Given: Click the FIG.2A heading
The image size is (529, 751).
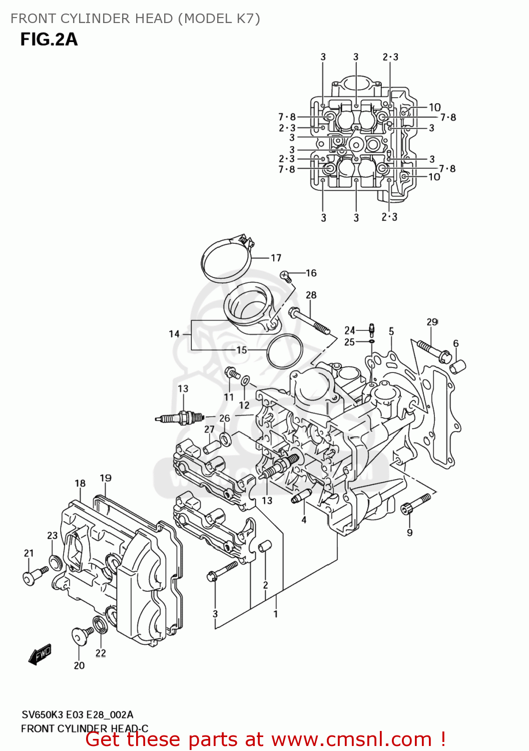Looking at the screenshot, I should [x=49, y=40].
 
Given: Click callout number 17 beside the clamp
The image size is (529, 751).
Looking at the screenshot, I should [x=276, y=258].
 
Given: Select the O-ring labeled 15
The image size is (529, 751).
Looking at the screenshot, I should [x=284, y=351].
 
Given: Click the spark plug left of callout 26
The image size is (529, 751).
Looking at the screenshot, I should [x=179, y=418].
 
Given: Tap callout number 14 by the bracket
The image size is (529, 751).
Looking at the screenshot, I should [x=174, y=334].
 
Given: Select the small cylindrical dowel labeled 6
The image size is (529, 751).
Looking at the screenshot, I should [x=458, y=367].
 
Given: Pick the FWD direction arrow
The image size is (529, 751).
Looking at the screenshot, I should [x=40, y=654].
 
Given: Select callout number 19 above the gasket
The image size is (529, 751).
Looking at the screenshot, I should [x=105, y=478].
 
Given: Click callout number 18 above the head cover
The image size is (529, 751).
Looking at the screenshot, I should [x=80, y=483].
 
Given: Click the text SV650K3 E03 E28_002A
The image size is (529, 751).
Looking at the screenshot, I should [x=77, y=714].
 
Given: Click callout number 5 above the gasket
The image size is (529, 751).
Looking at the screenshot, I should [x=391, y=331].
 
